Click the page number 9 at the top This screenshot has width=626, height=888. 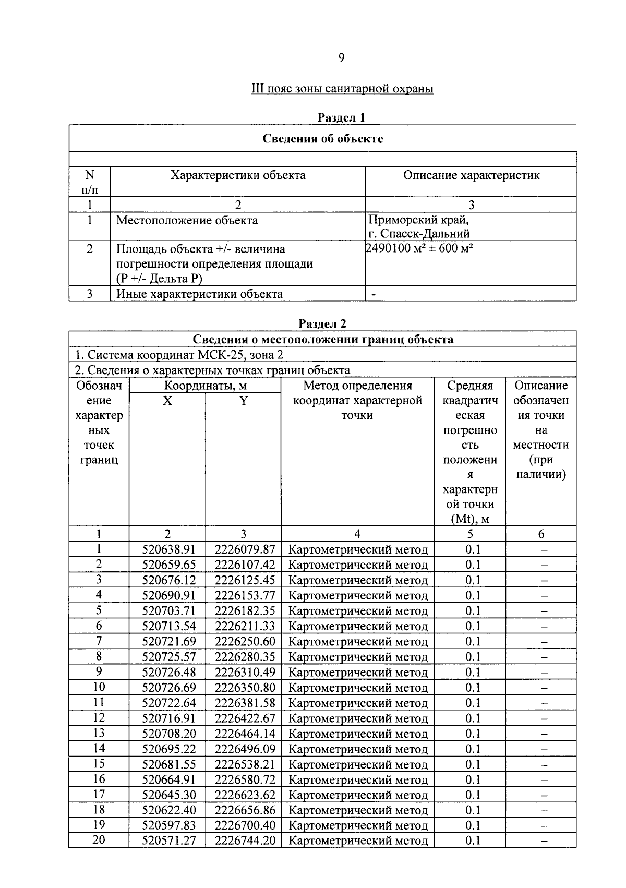tap(341, 58)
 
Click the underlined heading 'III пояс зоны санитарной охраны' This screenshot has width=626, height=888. tap(342, 89)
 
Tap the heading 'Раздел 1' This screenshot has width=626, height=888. tap(342, 117)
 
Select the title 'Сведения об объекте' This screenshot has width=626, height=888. tap(322, 138)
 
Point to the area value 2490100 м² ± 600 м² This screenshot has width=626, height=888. tap(419, 248)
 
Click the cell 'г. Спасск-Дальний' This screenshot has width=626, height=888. tap(419, 234)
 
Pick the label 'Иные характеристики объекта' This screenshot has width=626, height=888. tap(199, 294)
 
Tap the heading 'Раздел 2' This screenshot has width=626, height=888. tap(322, 324)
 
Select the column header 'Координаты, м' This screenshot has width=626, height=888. tap(205, 386)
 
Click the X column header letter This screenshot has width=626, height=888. tap(167, 401)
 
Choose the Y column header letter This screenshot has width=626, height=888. tap(243, 401)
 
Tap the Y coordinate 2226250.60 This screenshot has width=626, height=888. tap(245, 642)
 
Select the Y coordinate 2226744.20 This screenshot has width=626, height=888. tap(245, 841)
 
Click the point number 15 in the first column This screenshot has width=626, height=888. tap(99, 764)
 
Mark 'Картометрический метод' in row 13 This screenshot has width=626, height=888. tap(358, 734)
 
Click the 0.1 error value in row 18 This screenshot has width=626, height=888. tap(473, 810)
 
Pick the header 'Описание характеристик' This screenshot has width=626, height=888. tap(471, 175)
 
